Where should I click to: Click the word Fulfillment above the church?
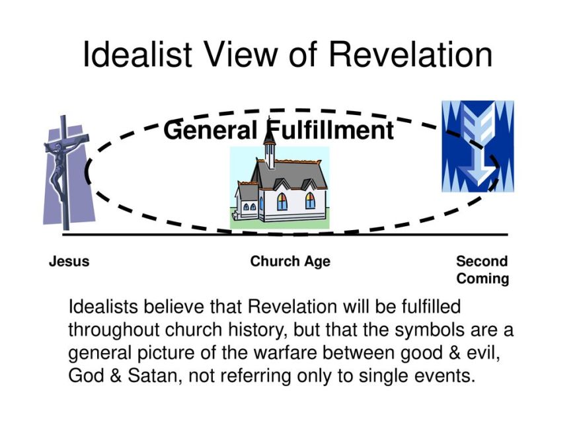click(330, 130)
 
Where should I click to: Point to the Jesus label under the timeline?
click(69, 262)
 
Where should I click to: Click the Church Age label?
click(290, 262)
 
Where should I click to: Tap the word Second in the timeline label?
click(482, 262)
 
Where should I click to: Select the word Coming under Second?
click(482, 278)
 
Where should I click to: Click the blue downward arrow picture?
click(477, 146)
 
